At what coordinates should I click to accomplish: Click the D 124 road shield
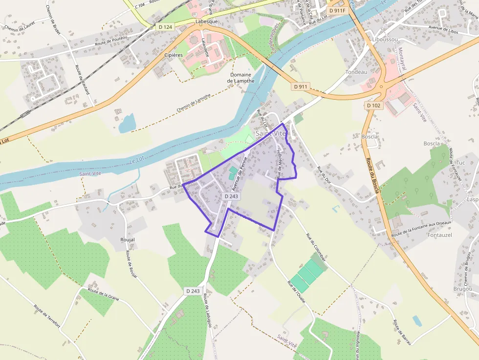click(165, 27)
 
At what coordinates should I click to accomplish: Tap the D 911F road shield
click(337, 10)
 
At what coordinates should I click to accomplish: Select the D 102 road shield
click(373, 105)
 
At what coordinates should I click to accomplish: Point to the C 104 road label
click(141, 6)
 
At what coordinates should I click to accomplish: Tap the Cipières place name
click(173, 55)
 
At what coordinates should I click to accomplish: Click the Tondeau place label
click(356, 72)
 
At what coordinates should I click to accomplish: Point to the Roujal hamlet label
click(128, 240)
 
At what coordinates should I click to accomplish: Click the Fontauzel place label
click(440, 234)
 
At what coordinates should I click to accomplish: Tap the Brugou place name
click(463, 289)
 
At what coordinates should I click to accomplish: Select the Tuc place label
click(460, 163)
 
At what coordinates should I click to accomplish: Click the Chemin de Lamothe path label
click(194, 103)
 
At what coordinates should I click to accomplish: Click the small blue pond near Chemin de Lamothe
click(127, 123)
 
